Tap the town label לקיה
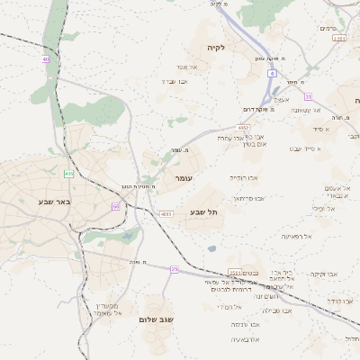214,47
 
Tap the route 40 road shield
46,60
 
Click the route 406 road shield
68,173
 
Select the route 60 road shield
116,206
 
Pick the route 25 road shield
174,269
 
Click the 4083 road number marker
166,214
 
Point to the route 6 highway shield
272,75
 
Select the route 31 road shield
308,96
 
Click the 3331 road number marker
338,39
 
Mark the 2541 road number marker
235,272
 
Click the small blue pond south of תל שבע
211,248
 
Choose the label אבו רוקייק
242,178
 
